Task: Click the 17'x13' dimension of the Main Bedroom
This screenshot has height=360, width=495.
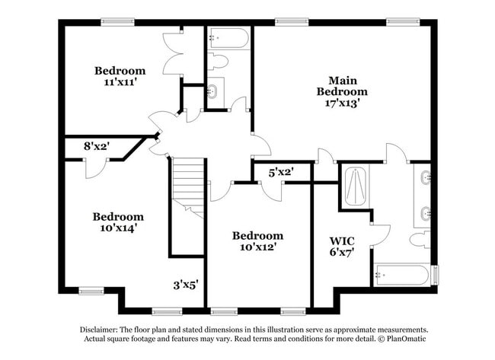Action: tap(343, 103)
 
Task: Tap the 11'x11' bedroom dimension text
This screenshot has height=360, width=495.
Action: tap(120, 82)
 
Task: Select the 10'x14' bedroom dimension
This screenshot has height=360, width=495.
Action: tap(118, 228)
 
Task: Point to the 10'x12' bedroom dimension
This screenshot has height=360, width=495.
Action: tap(258, 247)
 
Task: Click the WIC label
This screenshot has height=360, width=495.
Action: tap(342, 241)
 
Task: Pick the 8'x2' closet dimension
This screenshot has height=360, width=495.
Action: tap(97, 146)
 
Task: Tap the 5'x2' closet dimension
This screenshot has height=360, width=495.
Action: tap(281, 172)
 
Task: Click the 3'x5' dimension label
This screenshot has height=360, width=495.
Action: tap(186, 285)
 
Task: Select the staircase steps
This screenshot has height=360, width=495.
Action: tap(188, 188)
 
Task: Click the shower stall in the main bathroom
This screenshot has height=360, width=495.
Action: tap(356, 186)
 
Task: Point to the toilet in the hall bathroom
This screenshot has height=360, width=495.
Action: tap(218, 61)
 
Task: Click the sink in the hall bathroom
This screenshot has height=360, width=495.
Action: tap(212, 91)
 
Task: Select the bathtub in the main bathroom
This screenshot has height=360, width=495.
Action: tap(402, 275)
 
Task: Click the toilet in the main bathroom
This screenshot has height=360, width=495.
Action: tap(420, 240)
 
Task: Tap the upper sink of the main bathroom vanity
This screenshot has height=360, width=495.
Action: tap(426, 177)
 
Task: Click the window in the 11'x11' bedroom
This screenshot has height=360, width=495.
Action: tap(118, 22)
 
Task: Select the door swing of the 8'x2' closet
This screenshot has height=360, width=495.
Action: tap(96, 169)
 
